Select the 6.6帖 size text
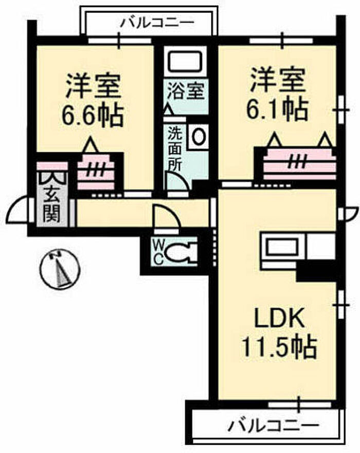[x=93, y=117]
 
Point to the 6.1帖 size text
[x=278, y=109]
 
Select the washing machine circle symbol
[x=197, y=136]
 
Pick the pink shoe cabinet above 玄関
[x=52, y=166]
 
